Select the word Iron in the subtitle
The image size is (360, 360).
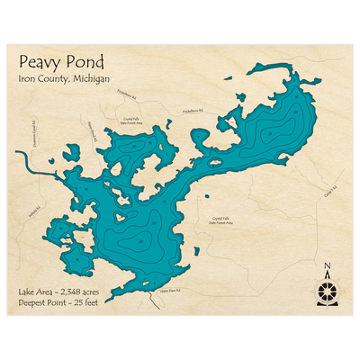(25, 79)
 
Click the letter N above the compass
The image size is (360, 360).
(327, 265)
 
